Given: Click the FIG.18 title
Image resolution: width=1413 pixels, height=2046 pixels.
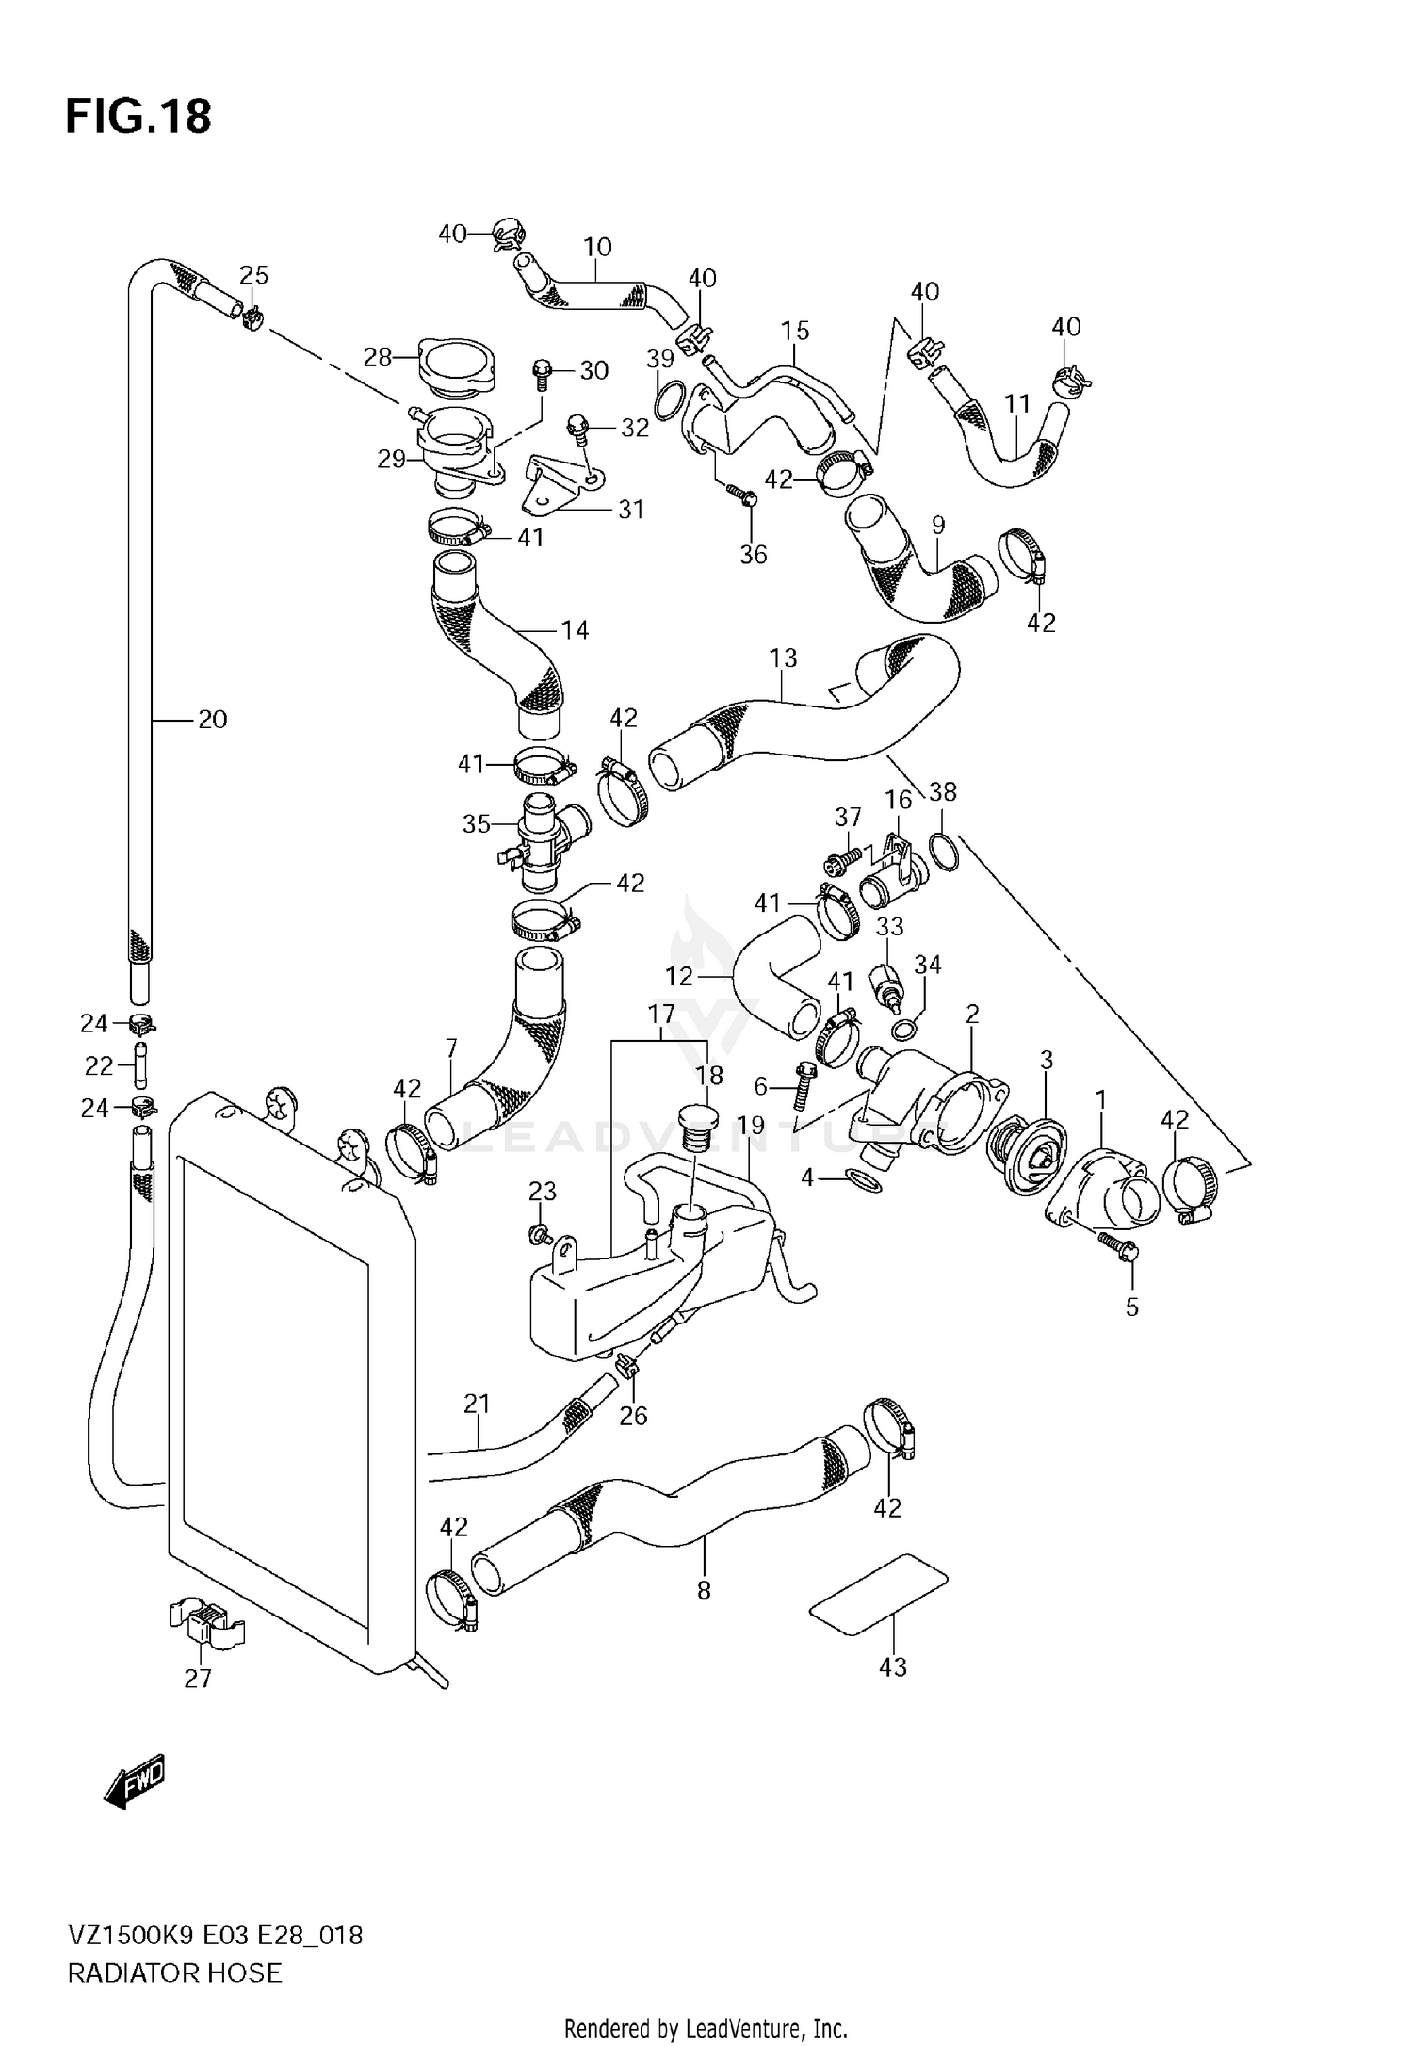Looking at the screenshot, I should coord(138,117).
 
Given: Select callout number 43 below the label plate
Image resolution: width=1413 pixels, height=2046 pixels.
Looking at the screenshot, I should coord(892,1666).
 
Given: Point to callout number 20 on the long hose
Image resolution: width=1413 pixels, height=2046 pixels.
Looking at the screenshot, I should coord(212,720).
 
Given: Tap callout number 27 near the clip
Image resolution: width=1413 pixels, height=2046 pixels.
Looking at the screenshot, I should coord(198,1678).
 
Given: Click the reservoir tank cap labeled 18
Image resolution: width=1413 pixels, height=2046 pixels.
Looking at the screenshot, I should coord(697,1128).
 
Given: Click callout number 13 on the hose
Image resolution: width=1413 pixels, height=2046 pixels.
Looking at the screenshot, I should coord(783,658).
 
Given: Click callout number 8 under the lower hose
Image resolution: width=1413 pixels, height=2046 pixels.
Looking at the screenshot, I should coord(704,1591).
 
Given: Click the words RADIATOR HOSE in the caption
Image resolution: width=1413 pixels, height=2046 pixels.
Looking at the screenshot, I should coord(174,1973).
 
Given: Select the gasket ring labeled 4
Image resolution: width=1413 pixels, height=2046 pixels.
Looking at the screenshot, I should coord(865,1179).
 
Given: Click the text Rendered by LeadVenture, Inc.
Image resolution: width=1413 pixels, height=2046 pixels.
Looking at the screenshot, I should coord(706,2028).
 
